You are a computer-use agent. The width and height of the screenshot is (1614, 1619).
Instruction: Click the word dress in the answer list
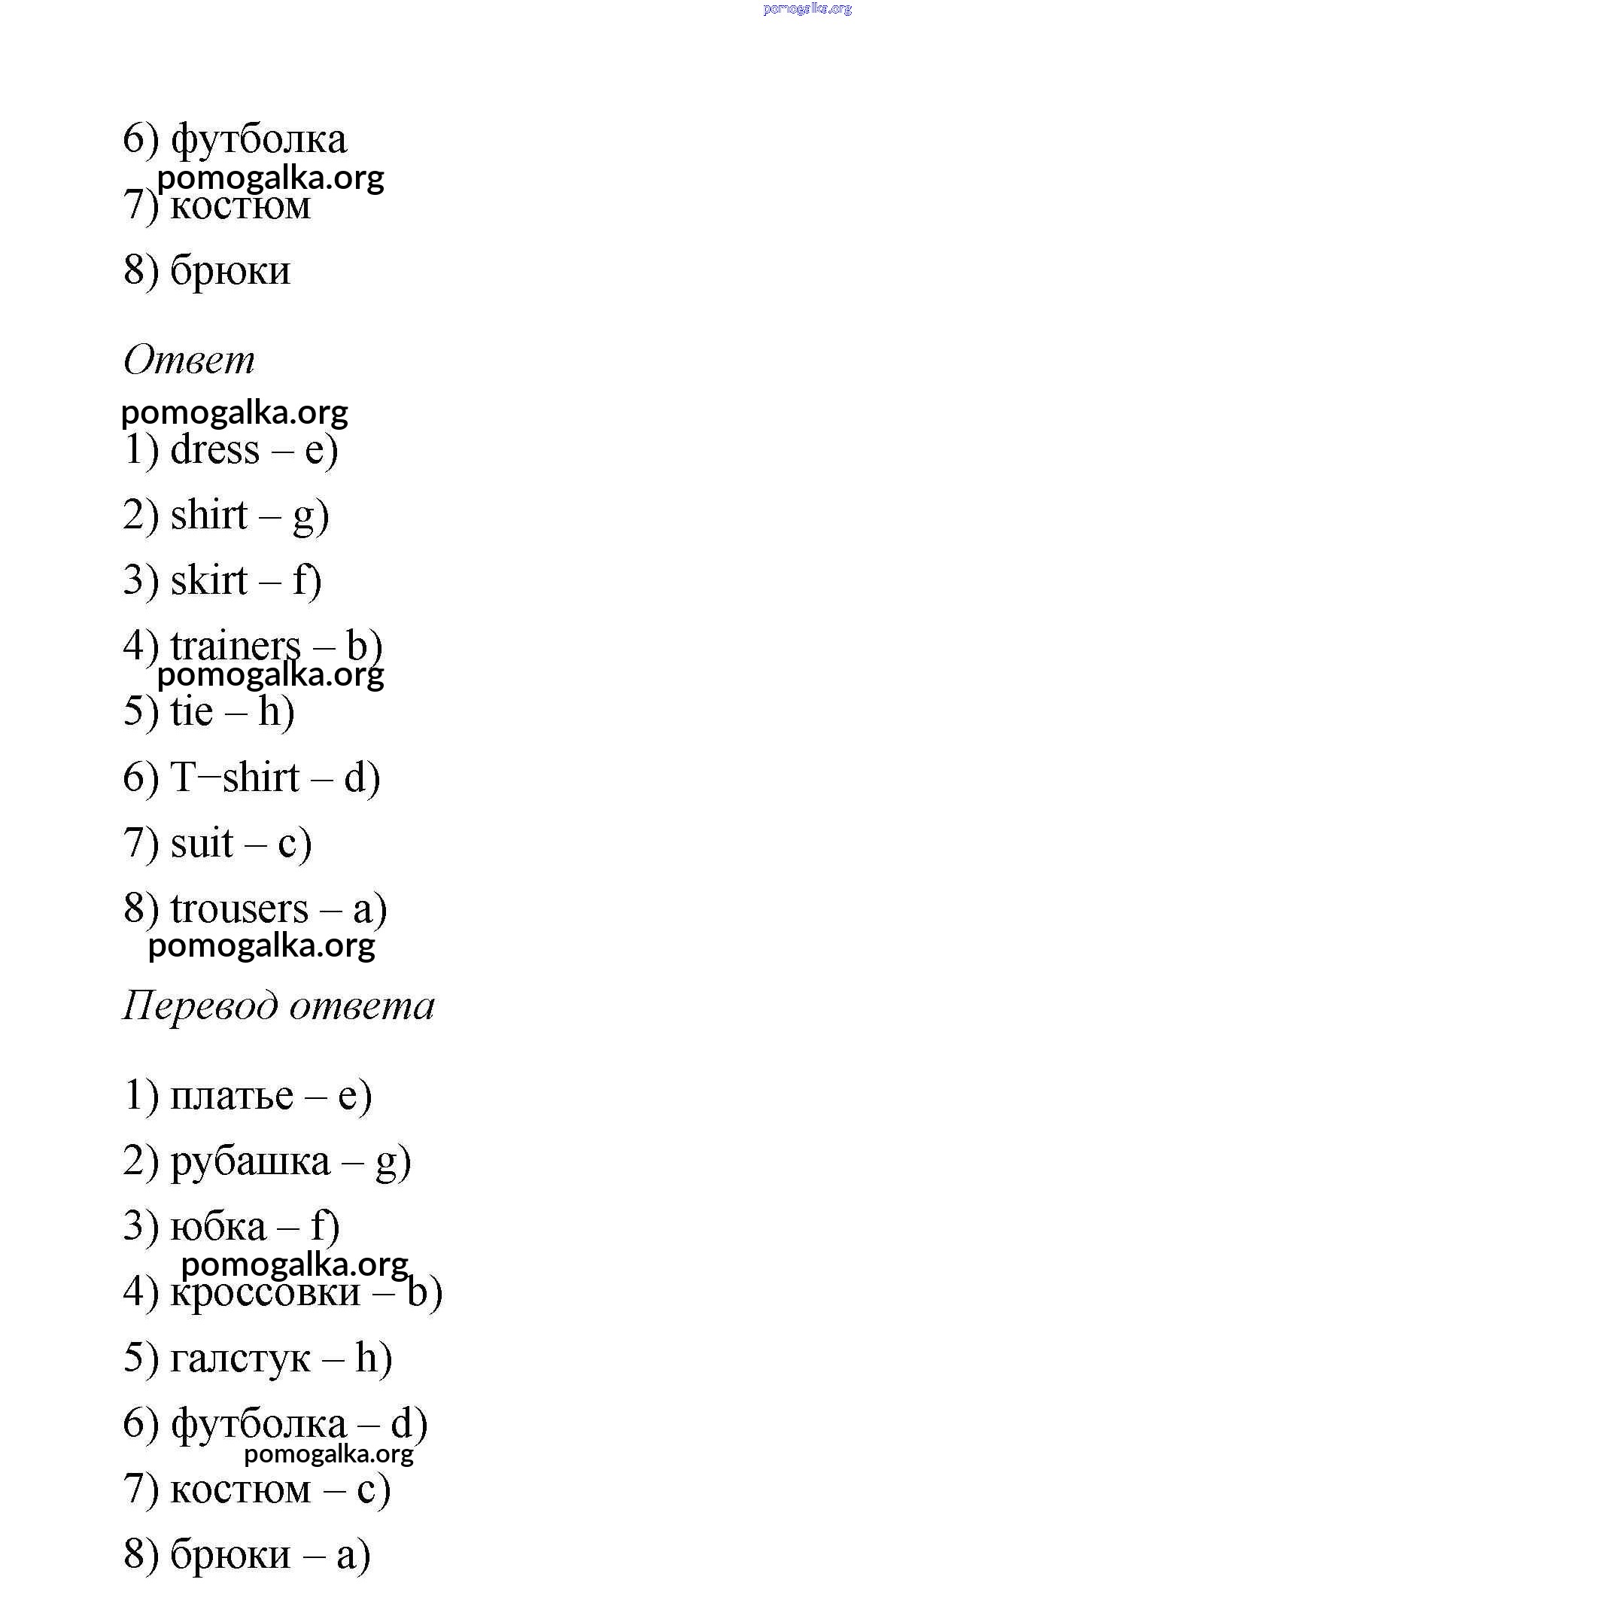pos(214,450)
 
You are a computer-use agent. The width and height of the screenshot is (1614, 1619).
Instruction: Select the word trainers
pos(236,646)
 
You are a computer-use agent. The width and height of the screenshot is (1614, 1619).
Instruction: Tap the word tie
pos(192,711)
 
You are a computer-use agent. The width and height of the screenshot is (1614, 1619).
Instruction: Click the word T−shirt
pos(235,777)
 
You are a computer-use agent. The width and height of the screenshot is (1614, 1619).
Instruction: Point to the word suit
pos(202,842)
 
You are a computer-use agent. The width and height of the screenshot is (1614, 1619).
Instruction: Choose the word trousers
pos(239,908)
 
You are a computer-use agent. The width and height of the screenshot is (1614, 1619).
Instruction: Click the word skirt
pos(209,581)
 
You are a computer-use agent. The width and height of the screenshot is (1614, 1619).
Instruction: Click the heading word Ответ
pos(188,361)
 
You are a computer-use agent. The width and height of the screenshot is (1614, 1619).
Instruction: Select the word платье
pos(232,1095)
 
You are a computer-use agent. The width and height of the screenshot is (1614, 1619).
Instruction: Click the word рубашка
pos(251,1161)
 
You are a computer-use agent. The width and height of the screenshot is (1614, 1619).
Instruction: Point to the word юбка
pos(219,1227)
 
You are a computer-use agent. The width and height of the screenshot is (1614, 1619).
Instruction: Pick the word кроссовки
pos(266,1292)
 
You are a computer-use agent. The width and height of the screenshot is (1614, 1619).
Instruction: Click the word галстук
pos(240,1358)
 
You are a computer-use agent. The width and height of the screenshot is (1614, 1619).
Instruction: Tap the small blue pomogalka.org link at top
pos(807,8)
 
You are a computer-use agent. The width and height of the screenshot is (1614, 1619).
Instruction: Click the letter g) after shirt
pos(310,516)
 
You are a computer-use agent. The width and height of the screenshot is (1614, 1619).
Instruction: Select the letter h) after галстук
pos(373,1358)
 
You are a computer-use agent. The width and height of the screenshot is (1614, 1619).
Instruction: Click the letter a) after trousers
pos(369,908)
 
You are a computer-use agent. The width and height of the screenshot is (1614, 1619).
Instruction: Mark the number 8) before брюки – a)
pos(141,1554)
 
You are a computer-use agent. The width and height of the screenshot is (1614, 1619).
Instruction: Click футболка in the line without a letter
pos(259,139)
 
